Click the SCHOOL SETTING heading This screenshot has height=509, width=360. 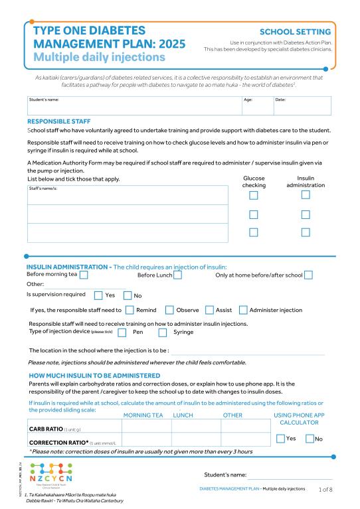pyautogui.click(x=294, y=32)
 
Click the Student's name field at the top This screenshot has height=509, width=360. pyautogui.click(x=134, y=106)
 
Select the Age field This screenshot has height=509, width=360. pyautogui.click(x=256, y=106)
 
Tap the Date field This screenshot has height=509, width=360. pyautogui.click(x=302, y=106)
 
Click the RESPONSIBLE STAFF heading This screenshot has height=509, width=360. pyautogui.click(x=58, y=122)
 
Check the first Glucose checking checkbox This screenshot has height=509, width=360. pyautogui.click(x=253, y=196)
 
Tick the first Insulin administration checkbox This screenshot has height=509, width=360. pyautogui.click(x=306, y=195)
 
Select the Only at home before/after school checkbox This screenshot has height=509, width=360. pyautogui.click(x=309, y=275)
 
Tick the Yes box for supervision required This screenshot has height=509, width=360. pyautogui.click(x=98, y=295)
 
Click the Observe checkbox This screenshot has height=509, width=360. pyautogui.click(x=169, y=310)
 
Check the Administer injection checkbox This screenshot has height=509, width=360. pyautogui.click(x=243, y=310)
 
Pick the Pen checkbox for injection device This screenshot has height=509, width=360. pyautogui.click(x=122, y=332)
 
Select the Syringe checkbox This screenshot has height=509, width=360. pyautogui.click(x=163, y=332)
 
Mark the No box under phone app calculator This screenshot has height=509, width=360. pyautogui.click(x=310, y=439)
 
